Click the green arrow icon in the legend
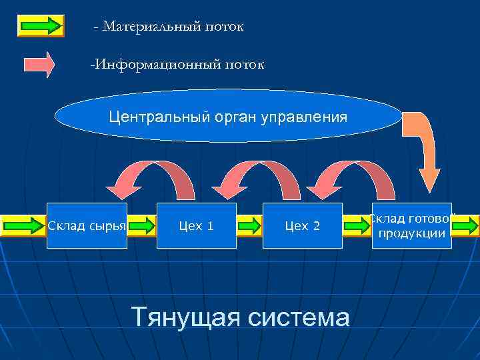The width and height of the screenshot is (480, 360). [40, 25]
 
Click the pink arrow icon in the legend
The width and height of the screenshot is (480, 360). [40, 65]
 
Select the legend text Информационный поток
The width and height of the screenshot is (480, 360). [177, 65]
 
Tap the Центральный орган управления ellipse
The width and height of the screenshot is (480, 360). [228, 117]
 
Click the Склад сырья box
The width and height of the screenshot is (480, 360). [87, 226]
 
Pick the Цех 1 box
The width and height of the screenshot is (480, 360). [197, 226]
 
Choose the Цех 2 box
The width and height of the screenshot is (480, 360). [302, 226]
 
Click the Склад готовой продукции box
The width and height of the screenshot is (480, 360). [411, 226]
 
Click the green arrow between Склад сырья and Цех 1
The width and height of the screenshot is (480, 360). [141, 226]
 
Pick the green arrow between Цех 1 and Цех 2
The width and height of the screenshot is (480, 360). [249, 226]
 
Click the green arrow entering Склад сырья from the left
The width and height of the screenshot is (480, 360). [24, 226]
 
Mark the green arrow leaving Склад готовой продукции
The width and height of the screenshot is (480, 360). [465, 226]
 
